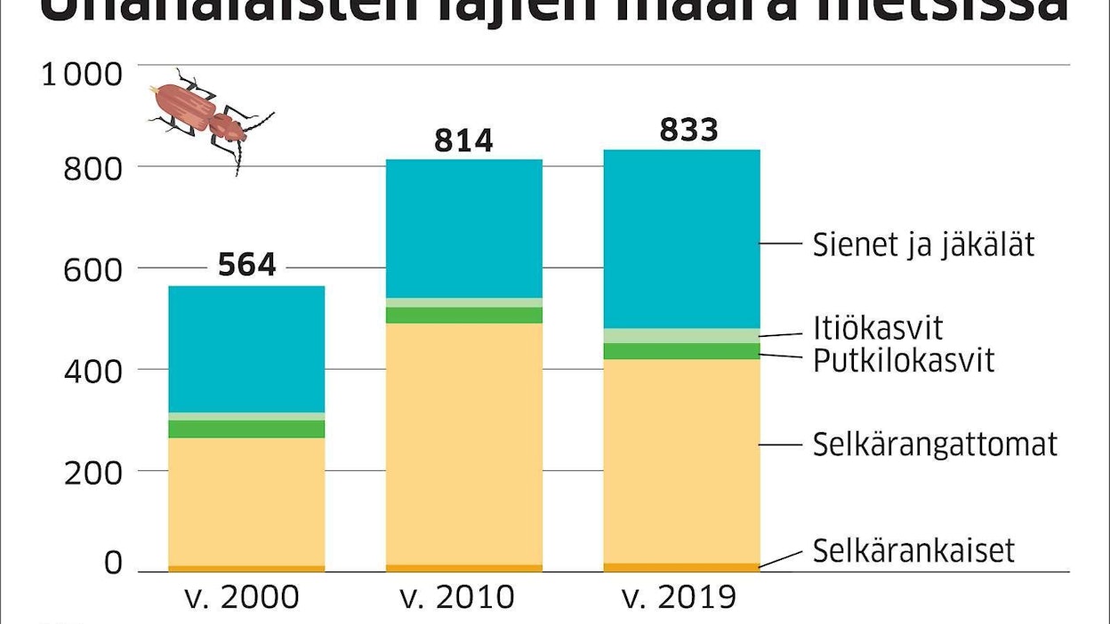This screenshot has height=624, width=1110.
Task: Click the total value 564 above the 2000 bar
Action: [246, 265]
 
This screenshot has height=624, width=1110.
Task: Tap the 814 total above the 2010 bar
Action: [463, 141]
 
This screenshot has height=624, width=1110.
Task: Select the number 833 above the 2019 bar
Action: [688, 131]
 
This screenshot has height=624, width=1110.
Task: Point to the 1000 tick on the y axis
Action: [81, 74]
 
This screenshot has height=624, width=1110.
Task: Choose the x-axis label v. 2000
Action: [239, 597]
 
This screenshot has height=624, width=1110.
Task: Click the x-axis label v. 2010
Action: [457, 597]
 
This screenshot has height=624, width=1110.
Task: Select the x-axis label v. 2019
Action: [680, 597]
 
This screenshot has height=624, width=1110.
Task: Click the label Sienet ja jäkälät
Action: [923, 244]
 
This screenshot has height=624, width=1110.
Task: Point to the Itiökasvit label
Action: [877, 328]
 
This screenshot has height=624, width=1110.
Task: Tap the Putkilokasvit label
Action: [904, 361]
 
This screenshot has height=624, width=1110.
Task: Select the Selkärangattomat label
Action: [935, 444]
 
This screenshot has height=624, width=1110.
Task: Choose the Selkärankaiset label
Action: [913, 551]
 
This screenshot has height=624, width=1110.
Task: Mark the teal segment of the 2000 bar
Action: [246, 348]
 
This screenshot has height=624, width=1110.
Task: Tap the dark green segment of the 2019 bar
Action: [681, 351]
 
